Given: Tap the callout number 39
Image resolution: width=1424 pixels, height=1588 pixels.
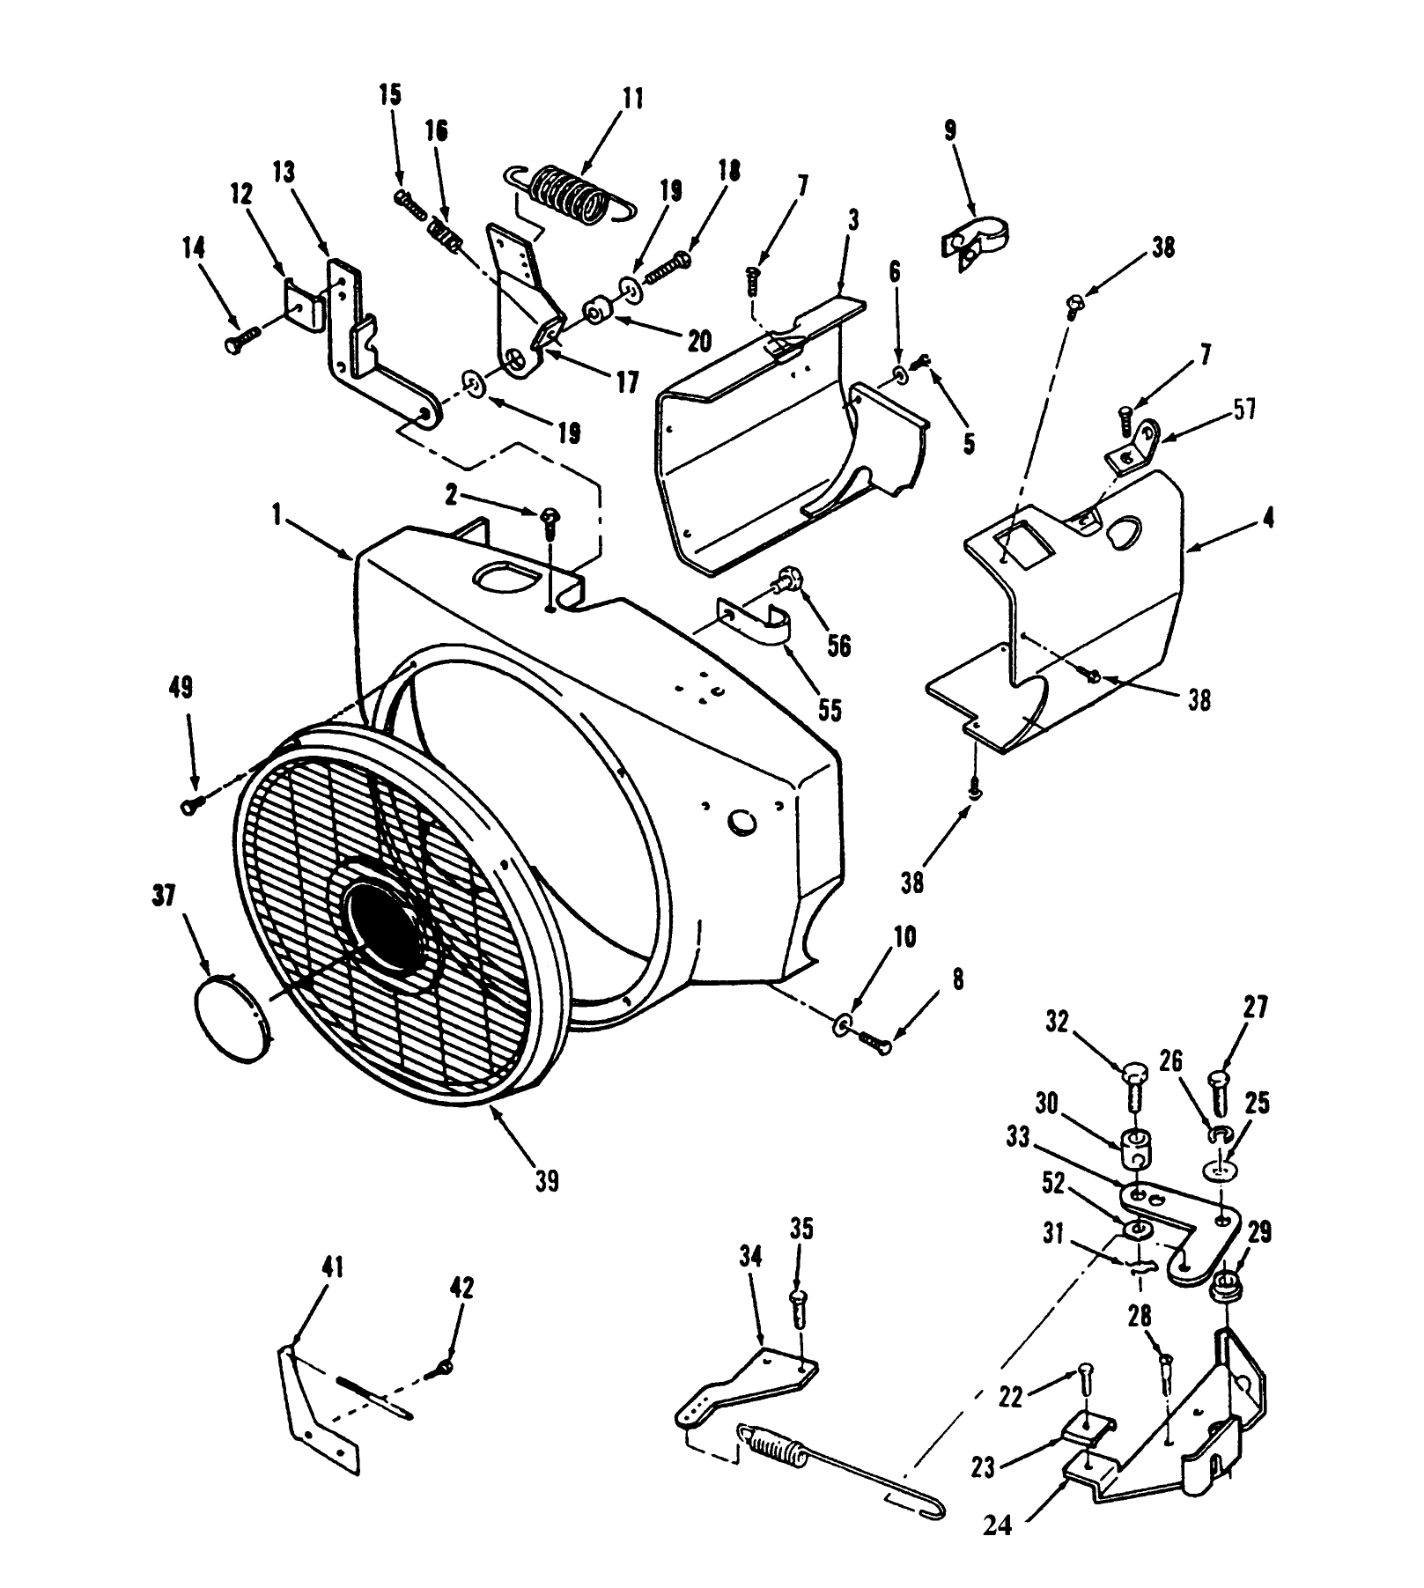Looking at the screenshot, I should pyautogui.click(x=546, y=1180).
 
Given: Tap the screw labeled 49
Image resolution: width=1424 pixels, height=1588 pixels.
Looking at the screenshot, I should pyautogui.click(x=192, y=804).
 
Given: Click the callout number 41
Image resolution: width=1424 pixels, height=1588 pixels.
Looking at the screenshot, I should pyautogui.click(x=332, y=1268).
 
